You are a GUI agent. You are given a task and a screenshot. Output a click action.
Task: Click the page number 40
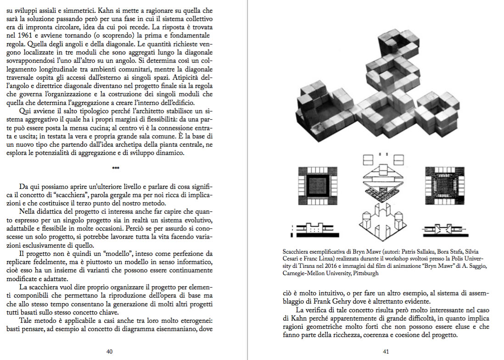(x=110, y=352)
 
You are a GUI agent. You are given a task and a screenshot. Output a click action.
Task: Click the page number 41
(x=386, y=352)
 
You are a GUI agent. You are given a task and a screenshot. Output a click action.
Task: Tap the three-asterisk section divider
(x=116, y=168)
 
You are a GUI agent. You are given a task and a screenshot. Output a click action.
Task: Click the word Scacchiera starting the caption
(x=299, y=250)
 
